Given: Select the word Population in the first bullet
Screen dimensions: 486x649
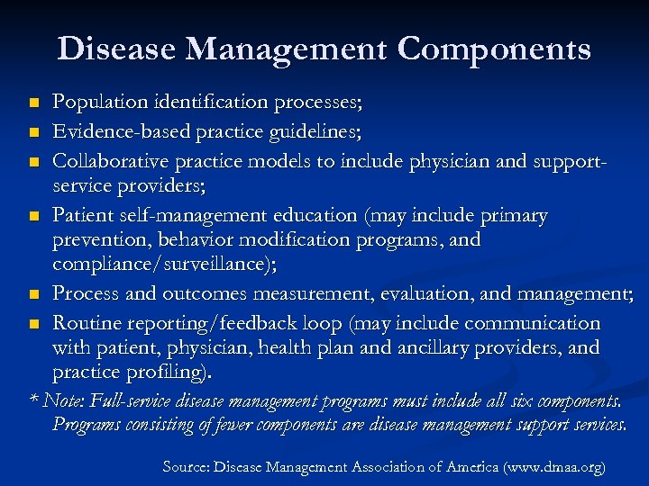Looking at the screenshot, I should pyautogui.click(x=96, y=103).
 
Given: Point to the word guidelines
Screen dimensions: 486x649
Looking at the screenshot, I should pyautogui.click(x=310, y=133).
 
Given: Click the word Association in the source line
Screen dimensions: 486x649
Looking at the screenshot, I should pyautogui.click(x=383, y=467).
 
